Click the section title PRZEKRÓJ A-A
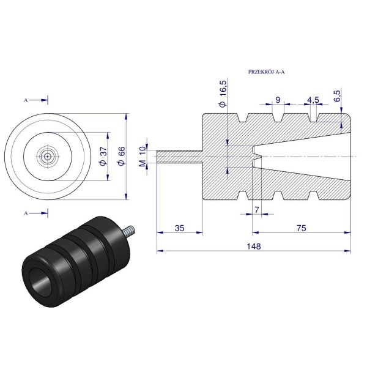(266, 72)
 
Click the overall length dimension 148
(254, 247)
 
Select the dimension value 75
(301, 228)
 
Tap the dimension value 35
(179, 228)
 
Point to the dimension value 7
(257, 210)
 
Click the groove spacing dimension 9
(278, 100)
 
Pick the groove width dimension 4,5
(313, 100)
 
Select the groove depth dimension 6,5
(338, 95)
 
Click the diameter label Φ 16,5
(223, 94)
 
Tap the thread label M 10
(143, 157)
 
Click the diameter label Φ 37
(103, 157)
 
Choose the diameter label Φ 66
(122, 157)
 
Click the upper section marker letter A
(26, 100)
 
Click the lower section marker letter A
(26, 213)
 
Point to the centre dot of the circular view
(48, 157)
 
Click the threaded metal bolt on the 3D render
(128, 230)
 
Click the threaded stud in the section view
(179, 157)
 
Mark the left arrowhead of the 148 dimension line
(160, 251)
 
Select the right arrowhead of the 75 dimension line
(348, 232)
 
